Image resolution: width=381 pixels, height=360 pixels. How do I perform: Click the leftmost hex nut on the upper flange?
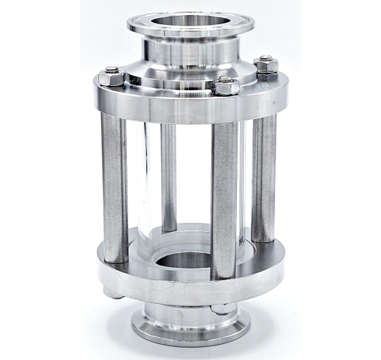point(113,72)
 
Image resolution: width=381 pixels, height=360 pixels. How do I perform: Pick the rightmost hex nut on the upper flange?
point(265,66)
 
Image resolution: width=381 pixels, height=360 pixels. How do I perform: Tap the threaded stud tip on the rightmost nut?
point(266,60)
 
